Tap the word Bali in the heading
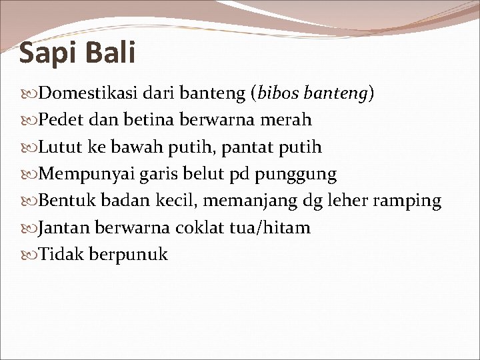tap(111, 52)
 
